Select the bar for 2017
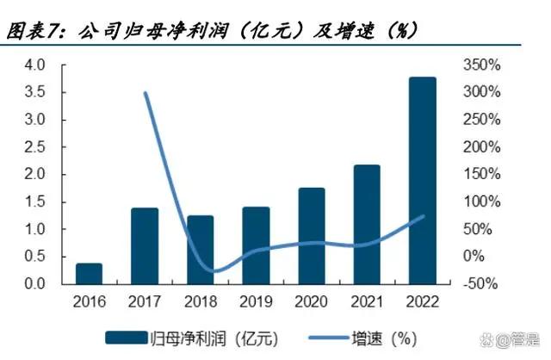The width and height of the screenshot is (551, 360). click(x=145, y=246)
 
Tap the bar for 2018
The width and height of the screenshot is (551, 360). click(x=201, y=250)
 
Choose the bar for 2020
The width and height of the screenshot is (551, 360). click(x=312, y=236)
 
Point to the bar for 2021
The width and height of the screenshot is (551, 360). click(x=367, y=224)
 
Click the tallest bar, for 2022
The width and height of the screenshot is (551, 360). click(x=422, y=181)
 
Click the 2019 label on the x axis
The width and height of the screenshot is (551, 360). click(x=256, y=301)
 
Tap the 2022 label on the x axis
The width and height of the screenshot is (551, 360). click(x=422, y=301)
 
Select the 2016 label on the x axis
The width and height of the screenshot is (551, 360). click(x=90, y=301)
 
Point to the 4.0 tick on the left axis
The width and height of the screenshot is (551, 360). click(x=34, y=65)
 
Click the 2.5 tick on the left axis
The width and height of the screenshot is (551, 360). click(x=34, y=147)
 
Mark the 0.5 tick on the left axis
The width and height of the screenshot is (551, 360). click(x=34, y=257)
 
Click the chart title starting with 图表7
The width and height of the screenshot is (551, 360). click(x=212, y=31)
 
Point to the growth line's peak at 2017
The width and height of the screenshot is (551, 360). click(x=145, y=93)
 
